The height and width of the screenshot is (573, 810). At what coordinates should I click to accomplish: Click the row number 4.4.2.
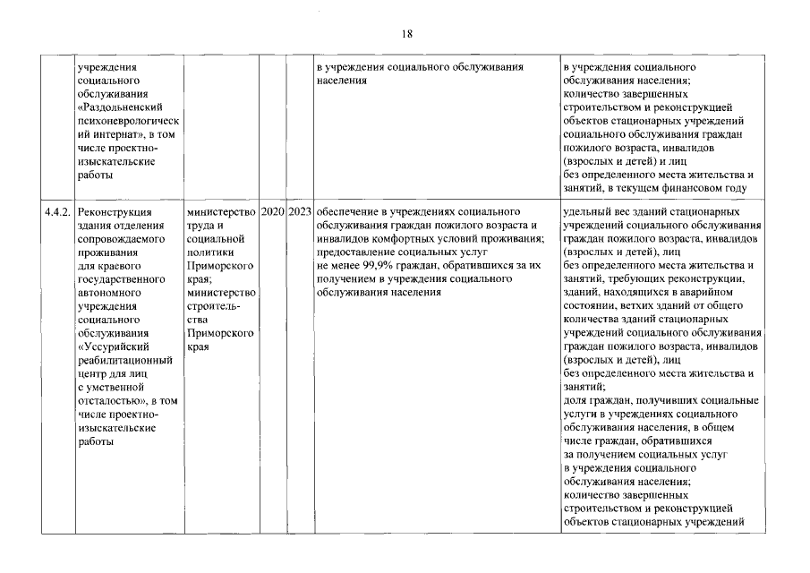[59, 212]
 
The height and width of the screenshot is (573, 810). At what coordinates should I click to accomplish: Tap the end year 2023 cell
[301, 212]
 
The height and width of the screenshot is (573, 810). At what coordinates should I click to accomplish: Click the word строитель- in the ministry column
[209, 306]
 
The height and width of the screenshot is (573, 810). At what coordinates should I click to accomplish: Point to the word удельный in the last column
[586, 212]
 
